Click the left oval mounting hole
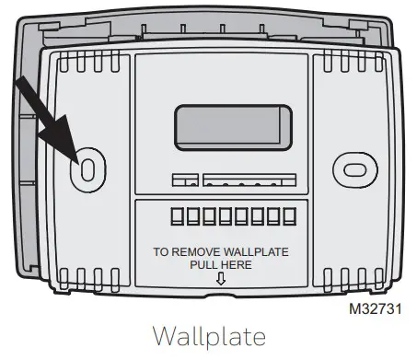(86, 168)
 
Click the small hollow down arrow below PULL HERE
(220, 280)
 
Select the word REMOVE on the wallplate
(197, 250)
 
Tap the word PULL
(203, 264)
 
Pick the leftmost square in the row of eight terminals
(175, 217)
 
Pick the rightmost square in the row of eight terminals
(289, 217)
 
